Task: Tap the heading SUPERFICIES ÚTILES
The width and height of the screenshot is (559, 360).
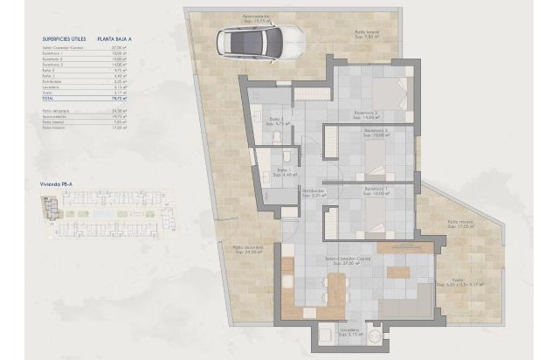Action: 65,39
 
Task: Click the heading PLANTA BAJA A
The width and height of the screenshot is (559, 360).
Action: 121,39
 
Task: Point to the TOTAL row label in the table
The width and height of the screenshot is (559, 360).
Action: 47,100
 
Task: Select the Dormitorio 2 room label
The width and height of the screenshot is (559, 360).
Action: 376,133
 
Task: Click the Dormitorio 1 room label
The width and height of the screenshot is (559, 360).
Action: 376,190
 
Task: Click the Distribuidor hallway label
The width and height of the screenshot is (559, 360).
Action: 313,191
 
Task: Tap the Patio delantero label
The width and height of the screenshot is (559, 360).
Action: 245,250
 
